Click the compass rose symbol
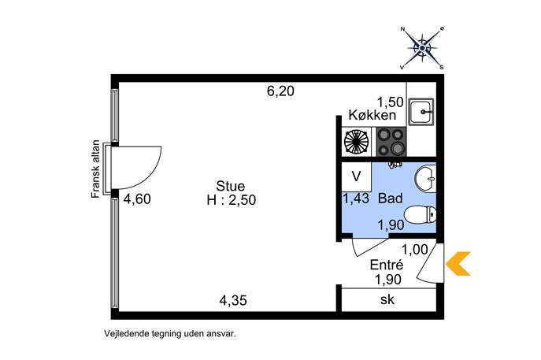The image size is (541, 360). (422, 48)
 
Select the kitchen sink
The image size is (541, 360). (421, 112)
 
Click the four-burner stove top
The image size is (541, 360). (391, 142)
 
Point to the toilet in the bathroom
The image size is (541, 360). (420, 215)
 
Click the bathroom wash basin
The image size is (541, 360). (426, 179)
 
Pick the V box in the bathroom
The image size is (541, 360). (357, 176)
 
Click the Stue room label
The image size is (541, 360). (231, 186)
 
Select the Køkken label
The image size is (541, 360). (372, 115)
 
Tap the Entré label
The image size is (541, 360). (387, 265)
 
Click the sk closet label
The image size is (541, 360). (387, 299)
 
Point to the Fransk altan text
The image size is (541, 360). (95, 169)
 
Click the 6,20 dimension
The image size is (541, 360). (281, 91)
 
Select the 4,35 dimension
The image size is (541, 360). (233, 300)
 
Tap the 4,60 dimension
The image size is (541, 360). (137, 199)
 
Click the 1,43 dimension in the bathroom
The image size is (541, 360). (356, 199)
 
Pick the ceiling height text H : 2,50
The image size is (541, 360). (232, 200)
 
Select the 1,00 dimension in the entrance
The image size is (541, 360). (415, 249)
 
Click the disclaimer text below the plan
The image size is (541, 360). (170, 334)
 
